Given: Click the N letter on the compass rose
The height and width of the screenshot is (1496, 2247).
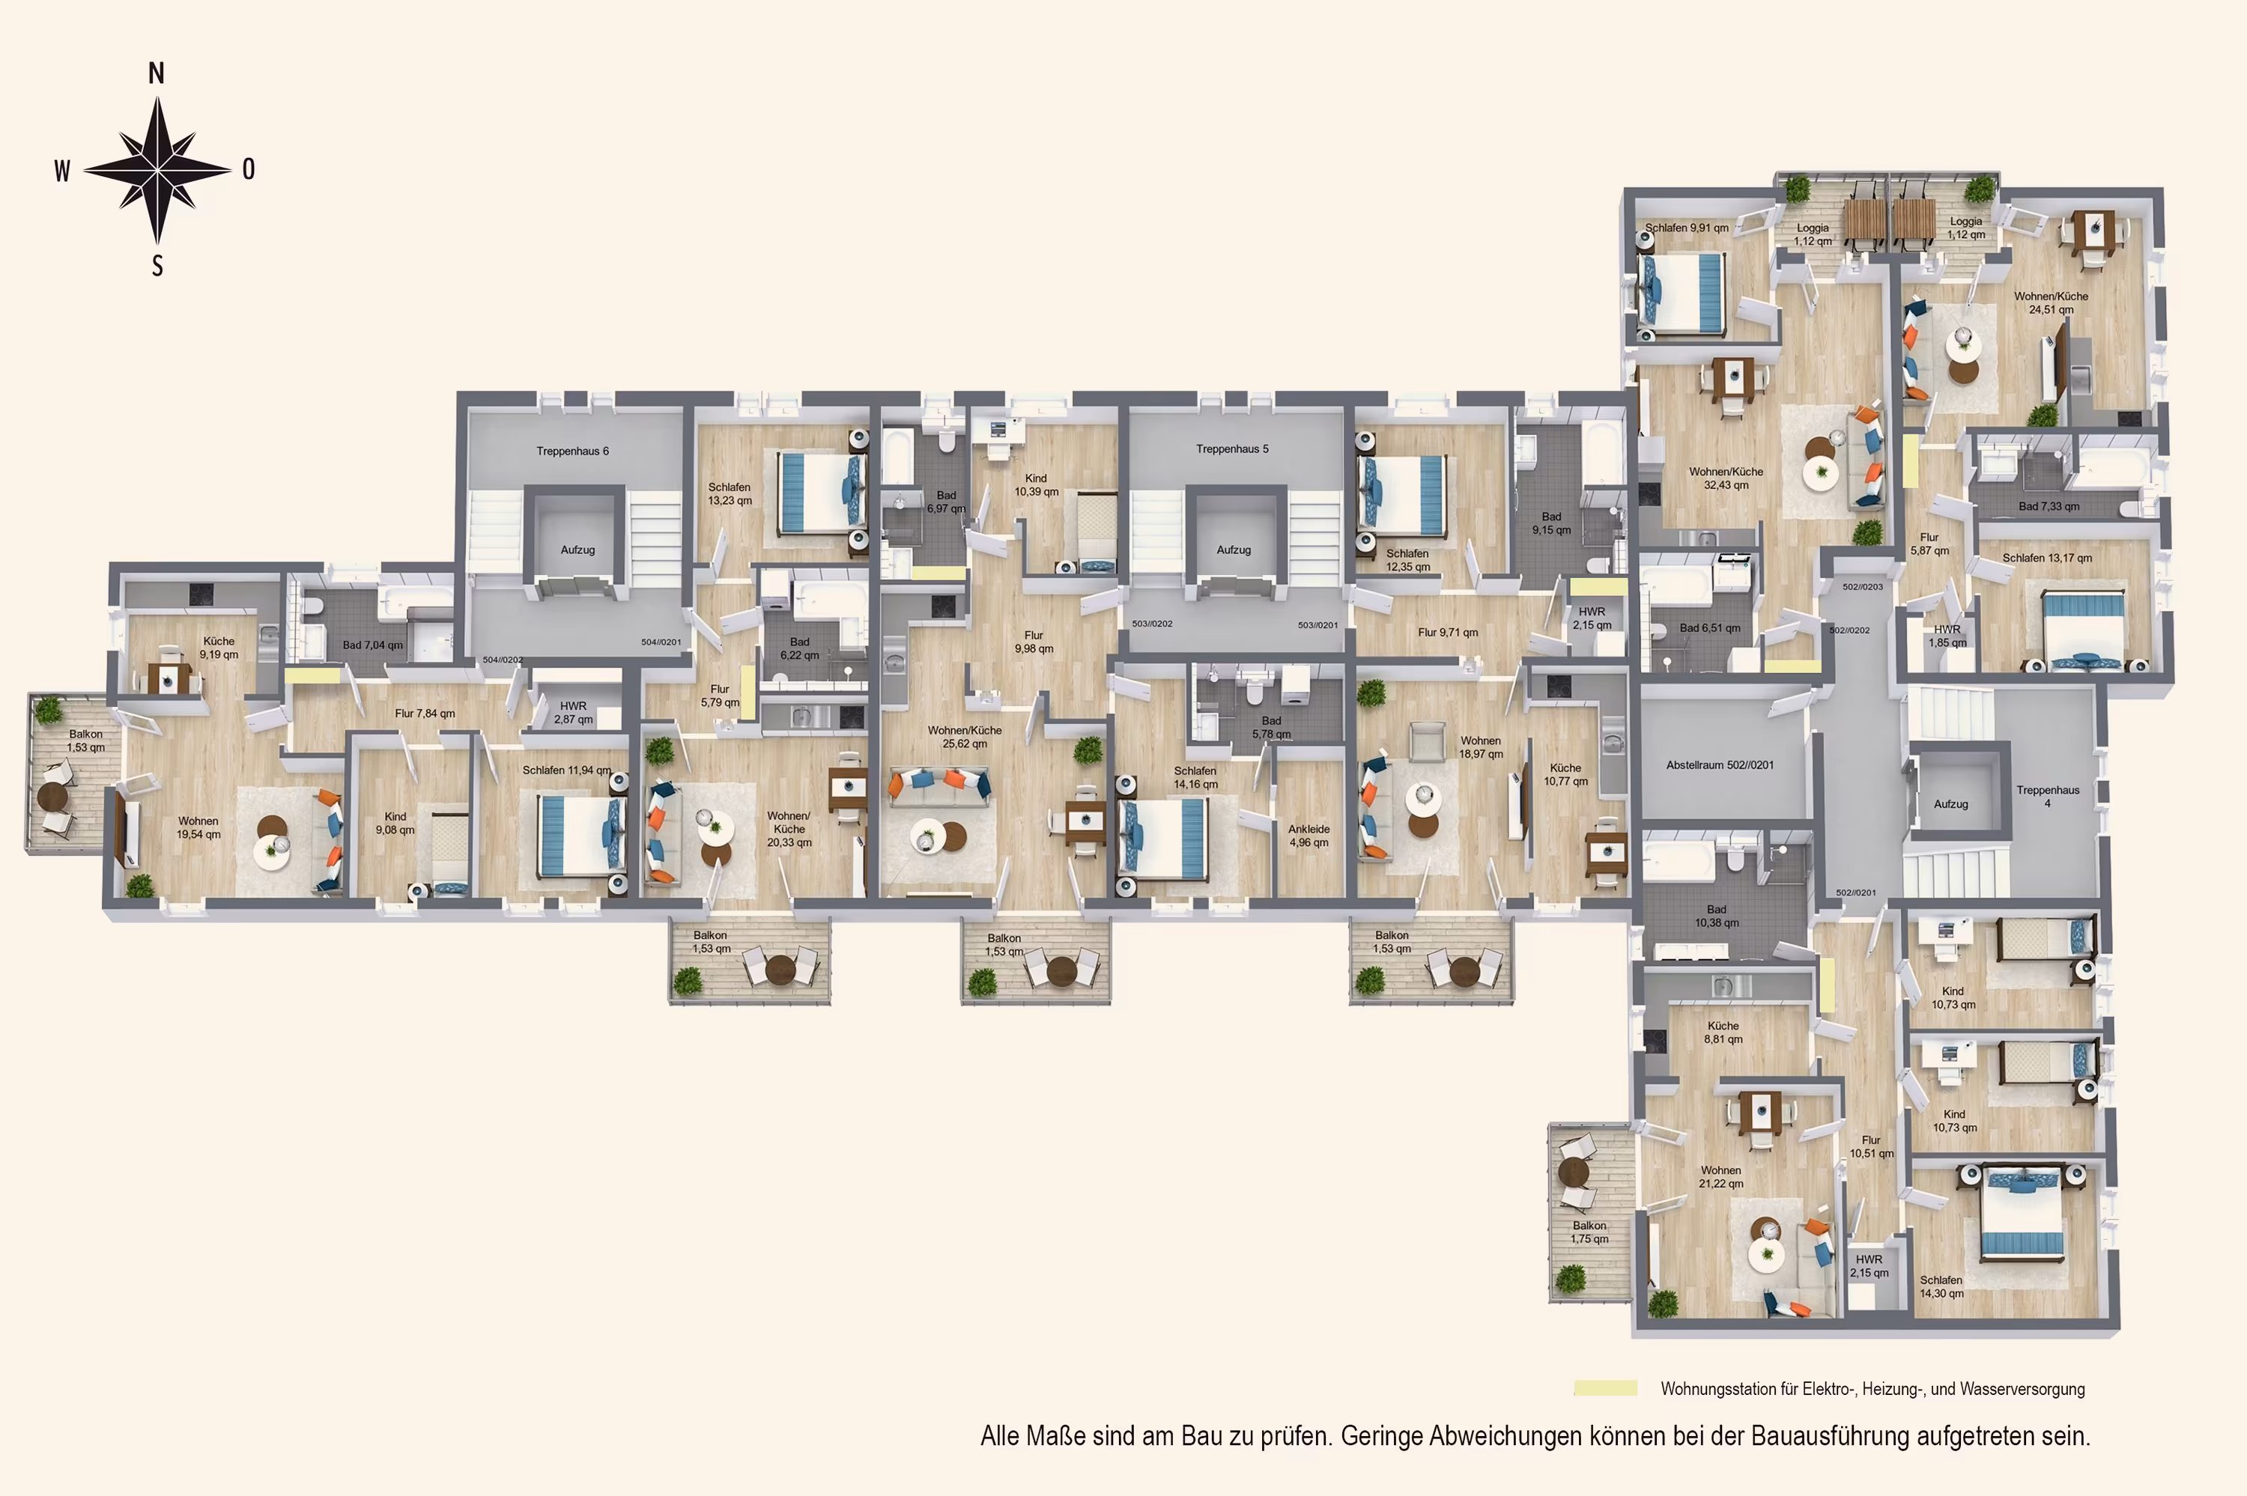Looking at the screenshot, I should click(157, 73).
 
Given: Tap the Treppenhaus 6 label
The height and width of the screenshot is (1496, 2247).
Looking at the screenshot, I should click(571, 451).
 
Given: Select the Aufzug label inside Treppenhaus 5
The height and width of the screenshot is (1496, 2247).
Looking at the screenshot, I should click(1233, 550).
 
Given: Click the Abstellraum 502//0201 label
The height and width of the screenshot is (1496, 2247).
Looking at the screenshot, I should click(1720, 765).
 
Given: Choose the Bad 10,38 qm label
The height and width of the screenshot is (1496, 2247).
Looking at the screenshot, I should click(1717, 916).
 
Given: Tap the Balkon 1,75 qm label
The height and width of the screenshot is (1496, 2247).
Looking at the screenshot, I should click(1589, 1232).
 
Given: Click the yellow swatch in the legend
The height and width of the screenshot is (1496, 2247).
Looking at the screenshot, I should click(1605, 1388).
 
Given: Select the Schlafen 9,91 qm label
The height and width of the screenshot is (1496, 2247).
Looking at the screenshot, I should click(1687, 228).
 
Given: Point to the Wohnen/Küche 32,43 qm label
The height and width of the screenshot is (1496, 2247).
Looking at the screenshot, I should click(1725, 478).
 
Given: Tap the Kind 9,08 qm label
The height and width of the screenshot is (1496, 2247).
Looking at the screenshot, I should click(395, 824).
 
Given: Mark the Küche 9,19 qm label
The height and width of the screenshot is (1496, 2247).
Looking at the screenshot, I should click(219, 648).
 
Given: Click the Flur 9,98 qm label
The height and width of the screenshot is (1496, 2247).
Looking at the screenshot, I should click(1034, 642).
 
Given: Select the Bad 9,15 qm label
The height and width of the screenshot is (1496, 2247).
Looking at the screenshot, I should click(1551, 523).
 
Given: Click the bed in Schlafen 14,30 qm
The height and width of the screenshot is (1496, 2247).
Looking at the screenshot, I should click(2022, 1211).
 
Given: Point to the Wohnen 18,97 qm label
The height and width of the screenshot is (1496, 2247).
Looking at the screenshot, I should click(1480, 747).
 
